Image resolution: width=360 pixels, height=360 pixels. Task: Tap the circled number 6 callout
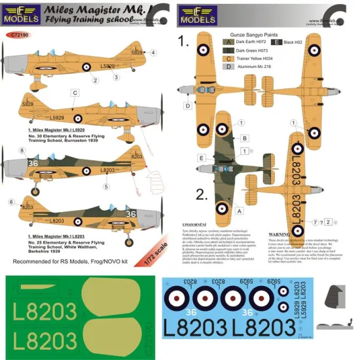coord(10,202)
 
